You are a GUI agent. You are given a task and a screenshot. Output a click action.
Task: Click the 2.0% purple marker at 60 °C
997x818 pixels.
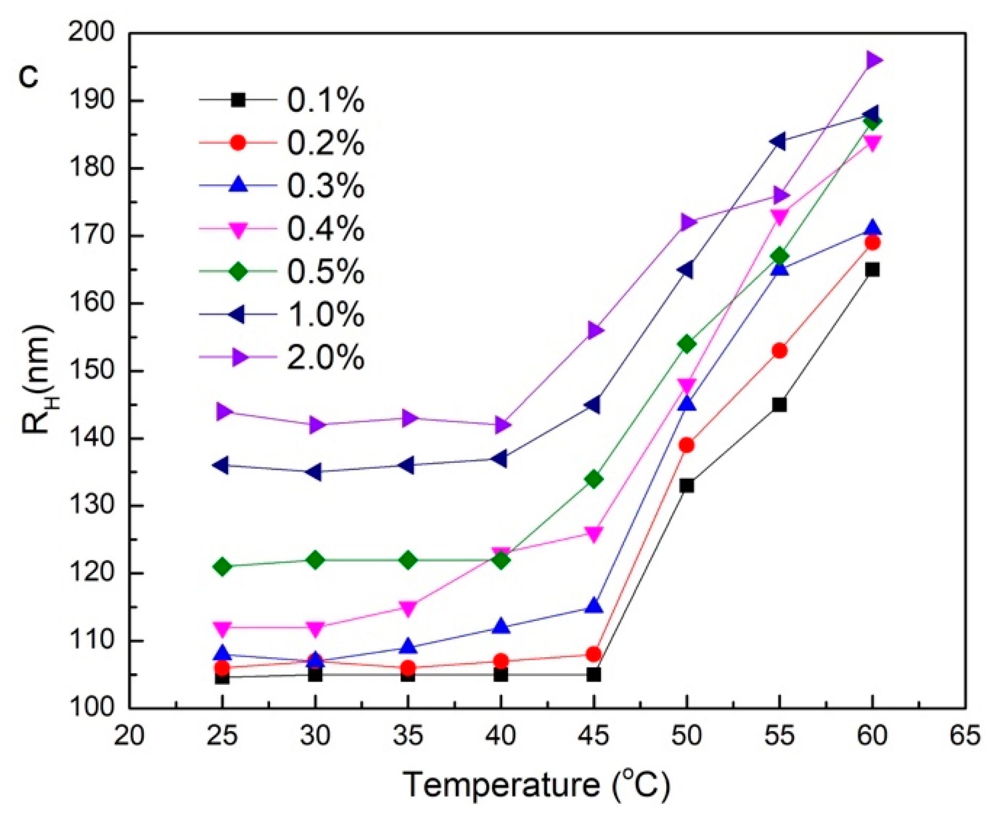[x=872, y=60]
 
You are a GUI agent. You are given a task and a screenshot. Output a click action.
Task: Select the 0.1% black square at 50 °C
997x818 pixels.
[x=687, y=486]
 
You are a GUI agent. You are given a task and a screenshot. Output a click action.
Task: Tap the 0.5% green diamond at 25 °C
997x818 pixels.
[x=222, y=567]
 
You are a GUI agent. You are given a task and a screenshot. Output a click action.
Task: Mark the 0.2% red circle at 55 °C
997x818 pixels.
[x=779, y=350]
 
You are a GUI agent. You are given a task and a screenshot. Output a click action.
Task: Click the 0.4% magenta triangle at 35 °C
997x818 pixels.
[x=408, y=608]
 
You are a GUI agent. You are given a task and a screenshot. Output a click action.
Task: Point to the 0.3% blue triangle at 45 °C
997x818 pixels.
[x=594, y=606]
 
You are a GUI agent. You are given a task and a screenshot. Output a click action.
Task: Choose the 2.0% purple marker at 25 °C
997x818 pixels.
[x=223, y=411]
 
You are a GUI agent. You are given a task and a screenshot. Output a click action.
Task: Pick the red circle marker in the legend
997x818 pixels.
[x=238, y=143]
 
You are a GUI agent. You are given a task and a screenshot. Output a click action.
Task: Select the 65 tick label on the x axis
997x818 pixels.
[x=965, y=735]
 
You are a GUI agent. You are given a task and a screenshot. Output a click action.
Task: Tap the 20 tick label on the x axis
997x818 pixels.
[x=129, y=735]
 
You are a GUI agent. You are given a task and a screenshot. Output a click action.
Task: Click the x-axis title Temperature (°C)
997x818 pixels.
[x=536, y=784]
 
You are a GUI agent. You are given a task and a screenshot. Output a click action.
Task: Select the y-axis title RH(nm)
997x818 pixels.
[x=38, y=379]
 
